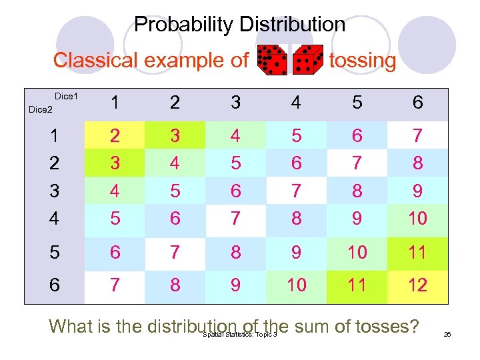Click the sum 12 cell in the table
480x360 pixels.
point(418,285)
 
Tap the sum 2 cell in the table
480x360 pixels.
point(115,136)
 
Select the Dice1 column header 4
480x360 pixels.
point(297,103)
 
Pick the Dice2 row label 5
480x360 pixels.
point(55,252)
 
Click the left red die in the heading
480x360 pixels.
point(272,60)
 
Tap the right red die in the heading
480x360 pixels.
point(307,60)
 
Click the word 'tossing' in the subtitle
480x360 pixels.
point(362,61)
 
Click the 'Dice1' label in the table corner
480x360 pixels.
point(66,97)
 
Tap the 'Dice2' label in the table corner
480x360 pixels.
point(40,109)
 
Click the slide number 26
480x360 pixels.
point(447,334)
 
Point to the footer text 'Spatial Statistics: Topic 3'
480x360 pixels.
point(238,335)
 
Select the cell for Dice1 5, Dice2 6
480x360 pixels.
point(357,285)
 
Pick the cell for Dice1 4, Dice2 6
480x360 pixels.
point(297,285)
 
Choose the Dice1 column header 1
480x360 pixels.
point(115,103)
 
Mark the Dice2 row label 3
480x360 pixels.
point(55,191)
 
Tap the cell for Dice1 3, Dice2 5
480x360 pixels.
point(236,252)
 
